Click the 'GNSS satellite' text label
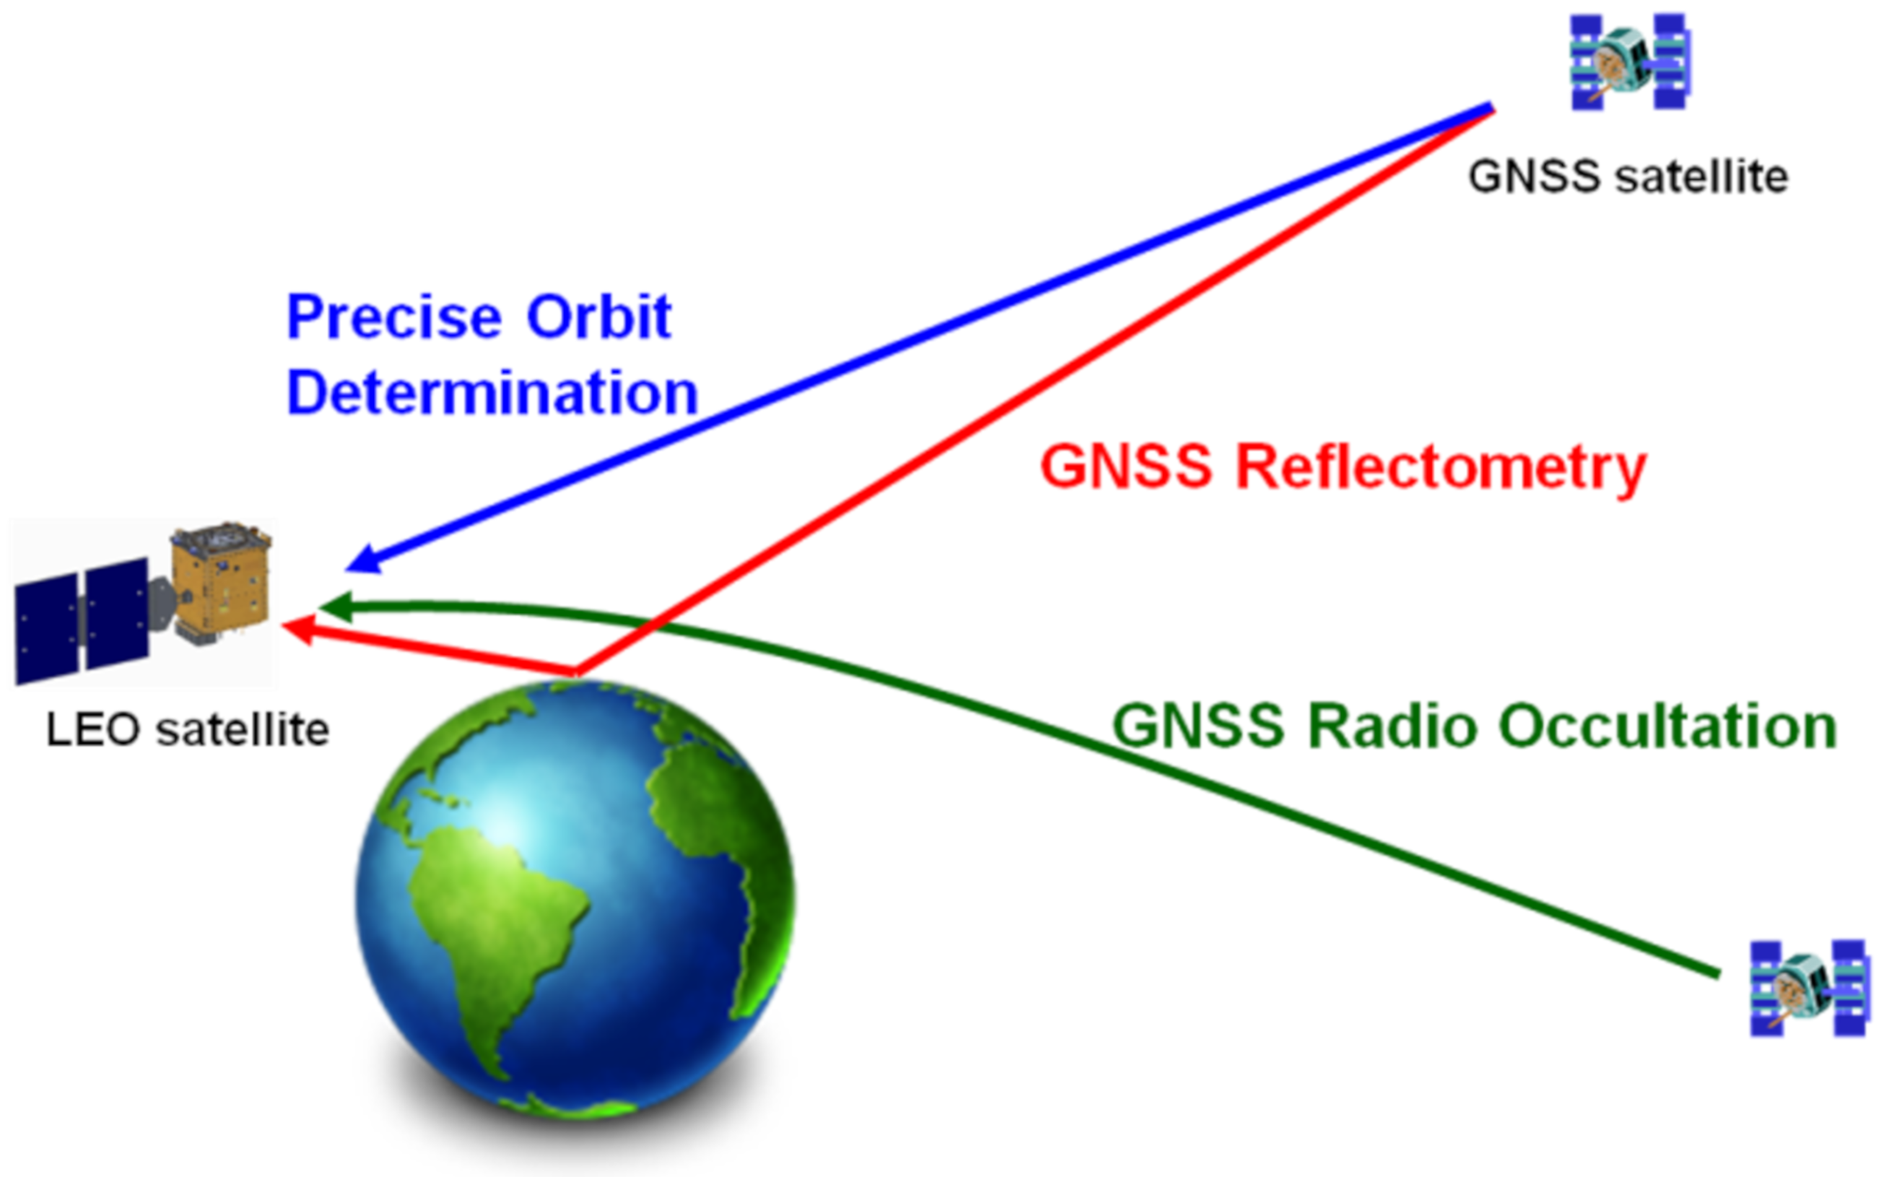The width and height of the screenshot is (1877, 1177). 1627,176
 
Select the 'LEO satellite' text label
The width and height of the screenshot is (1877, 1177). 188,730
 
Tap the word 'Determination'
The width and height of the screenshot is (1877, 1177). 492,392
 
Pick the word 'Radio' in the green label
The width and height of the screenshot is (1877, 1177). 1391,726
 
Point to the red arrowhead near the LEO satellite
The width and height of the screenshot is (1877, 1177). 298,629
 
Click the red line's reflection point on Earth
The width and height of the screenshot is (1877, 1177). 576,670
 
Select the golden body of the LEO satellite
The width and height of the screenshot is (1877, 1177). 222,580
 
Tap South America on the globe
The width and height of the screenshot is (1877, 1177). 498,918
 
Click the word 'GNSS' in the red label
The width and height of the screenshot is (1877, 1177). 1126,467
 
